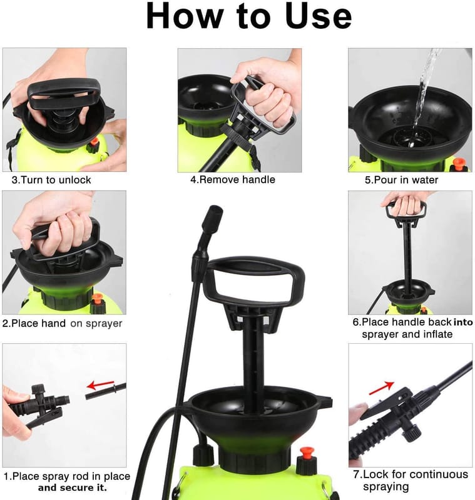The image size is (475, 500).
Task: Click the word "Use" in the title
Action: click(x=319, y=16)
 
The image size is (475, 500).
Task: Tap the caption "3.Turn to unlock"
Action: click(x=51, y=180)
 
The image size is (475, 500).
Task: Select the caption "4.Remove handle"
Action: click(x=233, y=179)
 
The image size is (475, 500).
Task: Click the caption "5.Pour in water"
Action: click(x=402, y=180)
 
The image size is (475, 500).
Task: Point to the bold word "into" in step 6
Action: click(x=463, y=322)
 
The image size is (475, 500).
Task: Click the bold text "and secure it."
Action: click(x=73, y=487)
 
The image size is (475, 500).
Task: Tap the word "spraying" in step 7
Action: click(x=386, y=487)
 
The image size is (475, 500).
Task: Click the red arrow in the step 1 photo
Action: click(x=101, y=385)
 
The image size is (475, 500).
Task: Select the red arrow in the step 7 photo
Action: click(x=382, y=387)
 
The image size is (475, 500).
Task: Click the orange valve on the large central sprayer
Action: click(x=307, y=452)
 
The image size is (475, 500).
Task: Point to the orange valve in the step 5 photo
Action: click(x=459, y=163)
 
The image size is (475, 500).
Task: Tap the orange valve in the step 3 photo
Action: click(x=94, y=142)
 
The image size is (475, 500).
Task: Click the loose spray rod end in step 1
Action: click(x=106, y=391)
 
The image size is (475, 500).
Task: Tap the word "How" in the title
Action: click(x=185, y=16)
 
